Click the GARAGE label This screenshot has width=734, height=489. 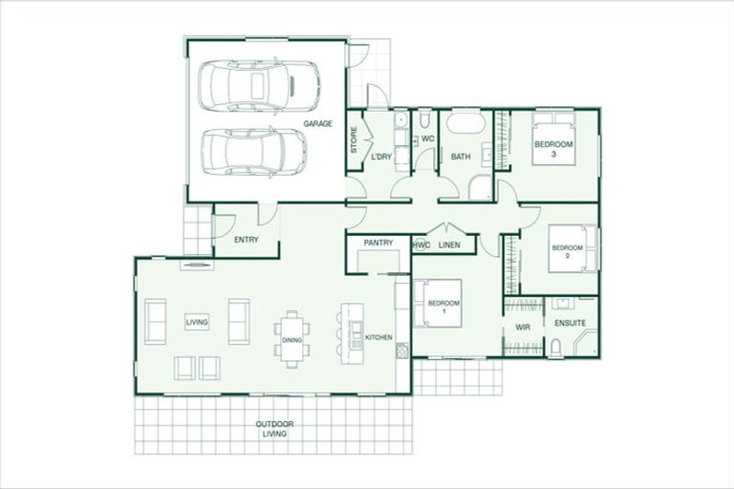coord(318,123)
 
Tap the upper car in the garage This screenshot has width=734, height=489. coord(259,86)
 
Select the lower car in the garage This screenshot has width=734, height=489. coord(254,152)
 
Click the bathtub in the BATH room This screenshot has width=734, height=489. coord(465,123)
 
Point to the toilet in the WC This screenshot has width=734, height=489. coord(424,118)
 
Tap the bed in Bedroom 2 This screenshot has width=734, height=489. coord(573,248)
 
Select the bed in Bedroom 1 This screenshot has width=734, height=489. coord(437,303)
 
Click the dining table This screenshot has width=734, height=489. coord(292,339)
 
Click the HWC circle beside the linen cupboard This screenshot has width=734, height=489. coord(419,245)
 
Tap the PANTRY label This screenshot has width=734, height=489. coord(378,243)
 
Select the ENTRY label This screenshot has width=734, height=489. coord(247,240)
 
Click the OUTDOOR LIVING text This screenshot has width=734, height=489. coord(275,429)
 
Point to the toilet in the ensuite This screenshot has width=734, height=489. coord(556,347)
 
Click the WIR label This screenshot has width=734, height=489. coord(523,327)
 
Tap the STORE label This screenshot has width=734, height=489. coord(354,139)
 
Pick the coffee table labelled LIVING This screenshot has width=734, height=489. coord(197,322)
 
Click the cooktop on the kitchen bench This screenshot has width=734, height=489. coord(401,350)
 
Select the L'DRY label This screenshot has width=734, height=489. coord(381,157)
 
